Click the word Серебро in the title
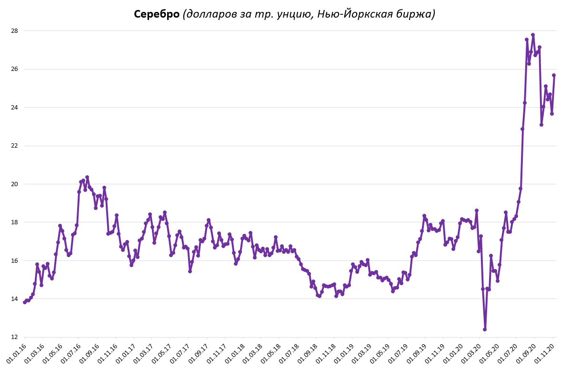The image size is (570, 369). pos(157,14)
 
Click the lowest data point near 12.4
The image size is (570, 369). pos(485,329)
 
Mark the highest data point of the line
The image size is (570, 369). pos(533,35)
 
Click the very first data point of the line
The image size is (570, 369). pos(25,302)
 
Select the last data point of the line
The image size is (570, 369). pos(554,75)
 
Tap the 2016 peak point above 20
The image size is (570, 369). pos(87,177)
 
